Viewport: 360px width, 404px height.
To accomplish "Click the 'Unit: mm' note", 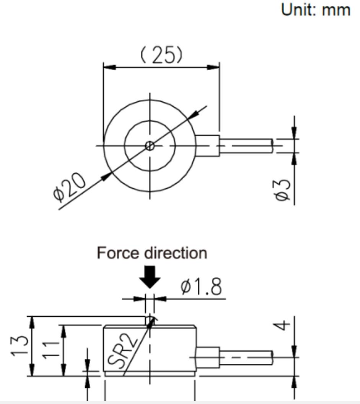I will click(316, 10).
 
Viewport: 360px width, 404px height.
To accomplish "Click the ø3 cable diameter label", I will click(287, 190).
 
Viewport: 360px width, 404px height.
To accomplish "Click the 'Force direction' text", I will click(152, 253).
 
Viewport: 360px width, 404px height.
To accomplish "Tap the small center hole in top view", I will click(150, 145).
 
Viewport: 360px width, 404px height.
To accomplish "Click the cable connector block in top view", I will click(208, 145).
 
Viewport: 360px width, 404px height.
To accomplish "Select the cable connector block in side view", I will click(208, 357).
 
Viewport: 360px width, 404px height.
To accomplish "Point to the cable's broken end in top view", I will click(272, 145).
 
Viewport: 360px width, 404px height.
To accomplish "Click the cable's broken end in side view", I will click(272, 357).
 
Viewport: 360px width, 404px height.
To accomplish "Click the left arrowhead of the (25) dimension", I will click(109, 67).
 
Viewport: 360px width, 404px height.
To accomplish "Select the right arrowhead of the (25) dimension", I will click(213, 67).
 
